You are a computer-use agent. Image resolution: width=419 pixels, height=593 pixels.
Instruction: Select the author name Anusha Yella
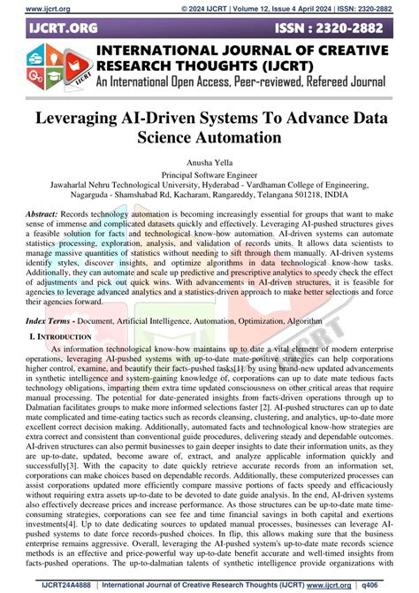coord(209,163)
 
